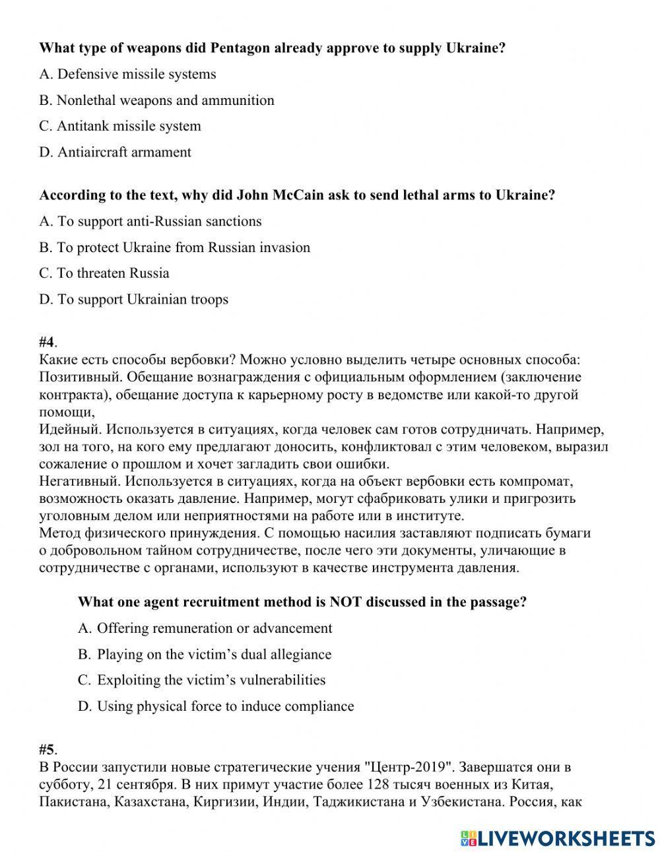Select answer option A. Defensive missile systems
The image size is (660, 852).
click(127, 74)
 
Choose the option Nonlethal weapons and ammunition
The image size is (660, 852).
click(156, 100)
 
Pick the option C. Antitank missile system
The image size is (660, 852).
click(120, 126)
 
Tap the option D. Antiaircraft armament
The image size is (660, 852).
click(115, 152)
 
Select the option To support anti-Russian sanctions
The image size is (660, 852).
click(150, 221)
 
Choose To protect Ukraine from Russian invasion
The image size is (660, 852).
click(174, 247)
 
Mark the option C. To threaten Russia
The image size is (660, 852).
click(104, 273)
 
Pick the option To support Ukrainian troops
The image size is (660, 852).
click(133, 300)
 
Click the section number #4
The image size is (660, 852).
click(47, 342)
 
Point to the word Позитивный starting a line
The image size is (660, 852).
click(79, 377)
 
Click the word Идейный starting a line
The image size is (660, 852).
click(69, 430)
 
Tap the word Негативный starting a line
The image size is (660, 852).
click(78, 481)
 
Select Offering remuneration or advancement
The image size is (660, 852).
click(205, 628)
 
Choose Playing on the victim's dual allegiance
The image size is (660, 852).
click(205, 655)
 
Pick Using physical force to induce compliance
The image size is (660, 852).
click(215, 706)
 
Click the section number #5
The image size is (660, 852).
click(47, 750)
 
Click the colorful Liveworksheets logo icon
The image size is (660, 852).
click(469, 837)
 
